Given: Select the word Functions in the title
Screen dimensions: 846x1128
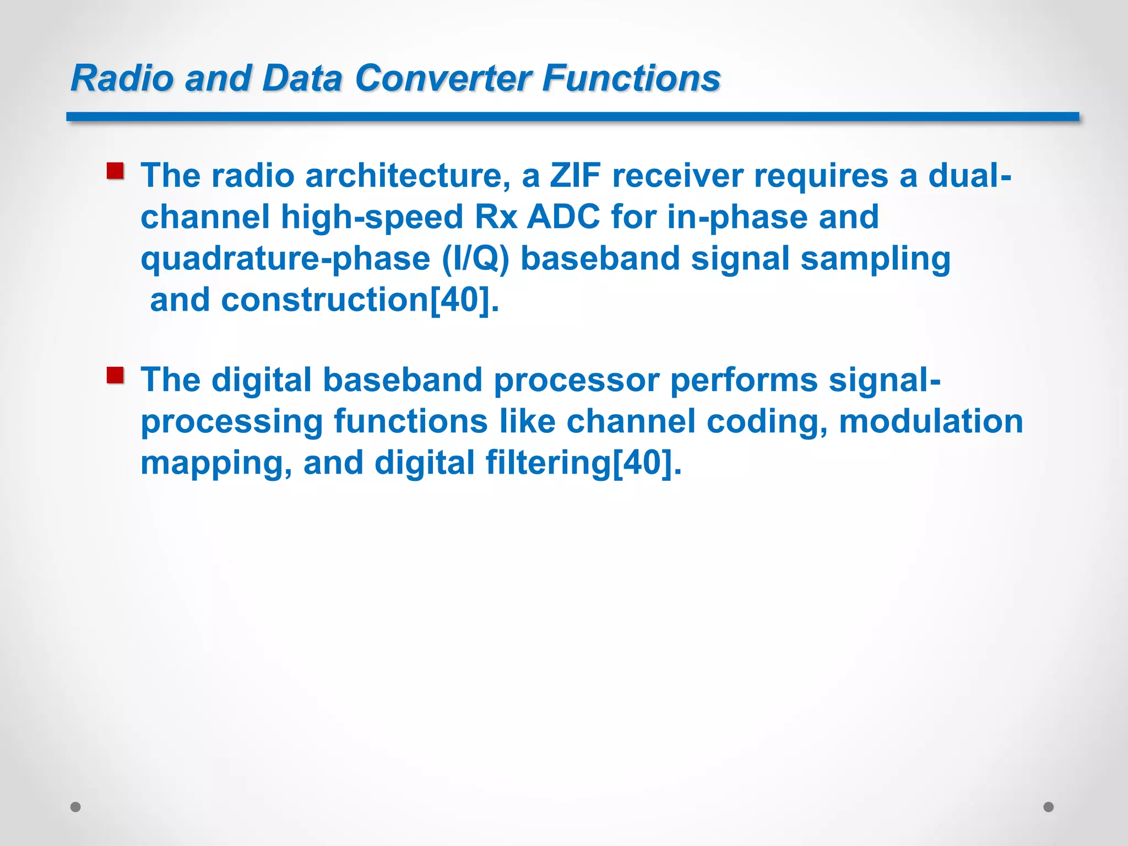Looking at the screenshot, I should [x=631, y=78].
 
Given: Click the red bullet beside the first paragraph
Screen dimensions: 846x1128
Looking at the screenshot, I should [x=115, y=171].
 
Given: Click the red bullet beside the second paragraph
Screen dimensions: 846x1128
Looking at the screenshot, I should [x=115, y=376].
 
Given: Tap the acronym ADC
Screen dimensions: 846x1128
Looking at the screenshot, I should [x=563, y=217].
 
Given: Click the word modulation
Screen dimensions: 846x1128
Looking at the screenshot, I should [x=931, y=421].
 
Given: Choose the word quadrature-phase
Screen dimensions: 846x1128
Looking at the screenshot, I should [x=285, y=259].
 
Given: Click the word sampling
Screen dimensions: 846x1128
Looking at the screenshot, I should [x=875, y=259].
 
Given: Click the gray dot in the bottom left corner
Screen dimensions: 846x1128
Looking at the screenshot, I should [x=76, y=807].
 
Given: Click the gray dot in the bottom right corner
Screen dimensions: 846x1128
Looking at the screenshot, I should [x=1049, y=807].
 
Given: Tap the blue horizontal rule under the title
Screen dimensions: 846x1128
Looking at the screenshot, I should [x=573, y=117].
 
